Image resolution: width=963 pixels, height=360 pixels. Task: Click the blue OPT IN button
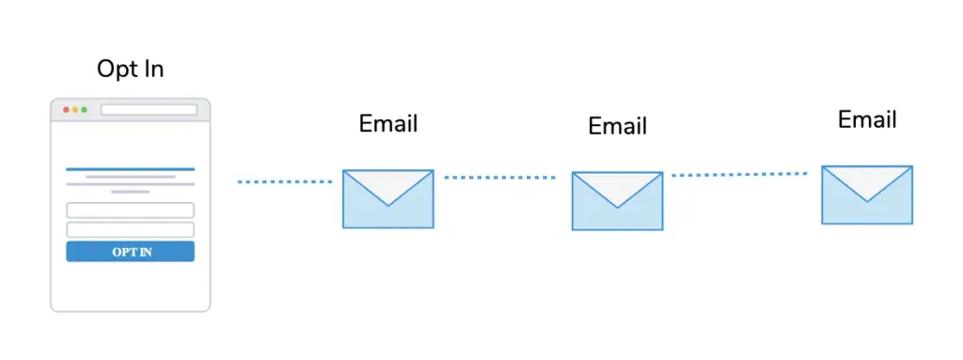point(130,252)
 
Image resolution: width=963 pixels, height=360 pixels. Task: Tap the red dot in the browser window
point(67,110)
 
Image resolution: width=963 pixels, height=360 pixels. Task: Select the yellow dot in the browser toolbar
point(75,110)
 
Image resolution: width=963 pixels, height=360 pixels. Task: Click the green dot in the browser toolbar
point(84,110)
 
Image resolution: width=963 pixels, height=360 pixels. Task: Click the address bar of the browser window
point(150,110)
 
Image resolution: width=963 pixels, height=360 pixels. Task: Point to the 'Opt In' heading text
point(130,70)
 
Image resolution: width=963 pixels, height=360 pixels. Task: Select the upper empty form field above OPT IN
point(130,211)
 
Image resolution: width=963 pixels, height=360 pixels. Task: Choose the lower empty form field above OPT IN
point(130,229)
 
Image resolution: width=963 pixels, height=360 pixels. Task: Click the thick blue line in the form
point(130,169)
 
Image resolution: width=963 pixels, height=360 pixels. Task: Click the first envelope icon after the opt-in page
point(388,199)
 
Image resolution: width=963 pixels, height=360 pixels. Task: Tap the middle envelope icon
point(617,201)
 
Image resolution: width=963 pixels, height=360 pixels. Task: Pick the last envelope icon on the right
point(867,195)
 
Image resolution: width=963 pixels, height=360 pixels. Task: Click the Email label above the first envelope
point(388,123)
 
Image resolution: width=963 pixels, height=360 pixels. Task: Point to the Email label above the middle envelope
point(617,126)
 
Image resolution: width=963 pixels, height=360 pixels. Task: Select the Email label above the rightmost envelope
point(867,119)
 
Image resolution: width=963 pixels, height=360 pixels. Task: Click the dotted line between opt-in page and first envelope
point(284,181)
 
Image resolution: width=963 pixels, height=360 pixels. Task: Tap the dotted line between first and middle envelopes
point(500,178)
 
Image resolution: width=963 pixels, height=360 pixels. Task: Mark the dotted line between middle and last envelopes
point(739,175)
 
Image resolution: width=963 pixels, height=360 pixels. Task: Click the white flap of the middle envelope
point(617,186)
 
